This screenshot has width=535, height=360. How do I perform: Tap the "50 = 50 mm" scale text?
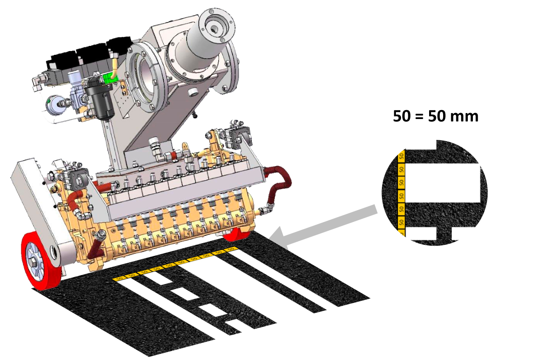[435, 116]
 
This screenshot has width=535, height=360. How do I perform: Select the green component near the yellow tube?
[109, 79]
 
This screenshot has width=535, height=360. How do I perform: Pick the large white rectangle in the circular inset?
[443, 183]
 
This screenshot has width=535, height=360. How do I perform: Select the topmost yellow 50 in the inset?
[401, 156]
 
